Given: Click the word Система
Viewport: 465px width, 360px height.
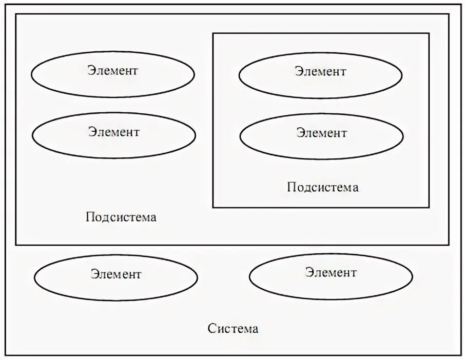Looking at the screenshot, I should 233,328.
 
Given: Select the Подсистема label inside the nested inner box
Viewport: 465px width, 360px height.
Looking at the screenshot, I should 323,187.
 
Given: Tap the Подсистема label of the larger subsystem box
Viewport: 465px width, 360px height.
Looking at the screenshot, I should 121,217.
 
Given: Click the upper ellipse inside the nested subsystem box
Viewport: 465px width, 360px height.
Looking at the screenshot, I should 320,75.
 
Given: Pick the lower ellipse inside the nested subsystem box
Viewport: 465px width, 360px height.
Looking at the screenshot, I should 321,136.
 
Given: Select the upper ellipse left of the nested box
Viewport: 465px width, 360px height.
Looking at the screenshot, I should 113,74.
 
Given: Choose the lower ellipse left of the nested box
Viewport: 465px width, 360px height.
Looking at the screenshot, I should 113,135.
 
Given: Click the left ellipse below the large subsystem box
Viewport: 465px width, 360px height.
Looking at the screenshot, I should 116,277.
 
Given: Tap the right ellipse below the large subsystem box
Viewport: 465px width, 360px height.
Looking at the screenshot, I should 331,276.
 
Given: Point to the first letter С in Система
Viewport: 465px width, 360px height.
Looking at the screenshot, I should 211,329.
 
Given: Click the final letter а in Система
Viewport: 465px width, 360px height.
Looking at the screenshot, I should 255,329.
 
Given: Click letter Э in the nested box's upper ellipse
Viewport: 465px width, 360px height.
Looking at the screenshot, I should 298,71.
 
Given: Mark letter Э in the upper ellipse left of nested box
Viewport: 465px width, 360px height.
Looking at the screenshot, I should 91,70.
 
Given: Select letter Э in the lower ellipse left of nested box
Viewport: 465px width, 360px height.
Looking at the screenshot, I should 92,132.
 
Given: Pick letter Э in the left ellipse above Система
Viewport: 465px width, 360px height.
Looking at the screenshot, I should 94,274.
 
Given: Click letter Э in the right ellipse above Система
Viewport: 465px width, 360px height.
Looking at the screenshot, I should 309,272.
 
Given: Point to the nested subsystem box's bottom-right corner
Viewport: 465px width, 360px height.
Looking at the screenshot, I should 429,207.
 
